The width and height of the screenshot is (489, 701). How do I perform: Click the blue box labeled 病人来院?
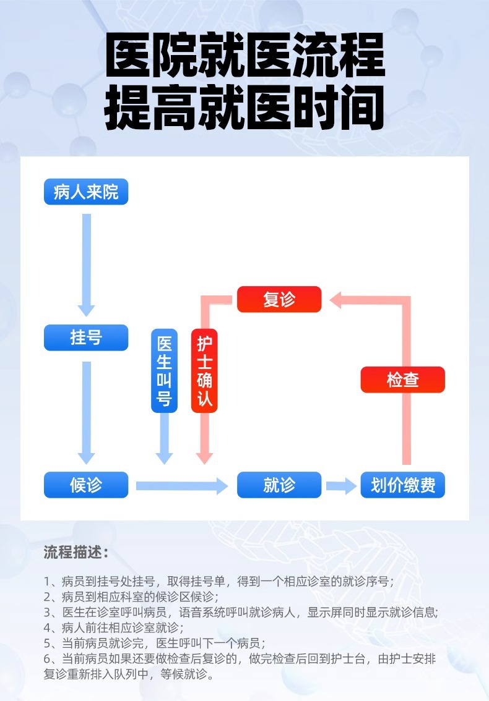[85, 192]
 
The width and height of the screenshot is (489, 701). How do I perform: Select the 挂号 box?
[85, 338]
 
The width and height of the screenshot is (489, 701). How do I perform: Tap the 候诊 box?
[85, 485]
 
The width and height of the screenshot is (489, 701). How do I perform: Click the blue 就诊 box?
[279, 485]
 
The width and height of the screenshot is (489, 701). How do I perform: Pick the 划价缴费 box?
[403, 485]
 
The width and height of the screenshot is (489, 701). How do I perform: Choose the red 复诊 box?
[279, 300]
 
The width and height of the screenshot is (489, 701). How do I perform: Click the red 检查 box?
[403, 380]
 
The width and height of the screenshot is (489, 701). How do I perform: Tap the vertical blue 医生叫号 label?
[164, 371]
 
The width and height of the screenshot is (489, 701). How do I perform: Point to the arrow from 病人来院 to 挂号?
[87, 263]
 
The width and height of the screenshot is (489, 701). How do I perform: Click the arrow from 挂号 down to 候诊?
[87, 411]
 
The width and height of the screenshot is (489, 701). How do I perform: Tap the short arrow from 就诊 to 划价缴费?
[341, 486]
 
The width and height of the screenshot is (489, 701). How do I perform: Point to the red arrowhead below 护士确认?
[204, 457]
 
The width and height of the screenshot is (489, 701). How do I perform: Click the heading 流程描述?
[76, 552]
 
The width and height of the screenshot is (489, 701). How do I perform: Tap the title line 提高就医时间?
[245, 108]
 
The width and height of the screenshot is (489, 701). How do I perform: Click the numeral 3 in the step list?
[47, 613]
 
